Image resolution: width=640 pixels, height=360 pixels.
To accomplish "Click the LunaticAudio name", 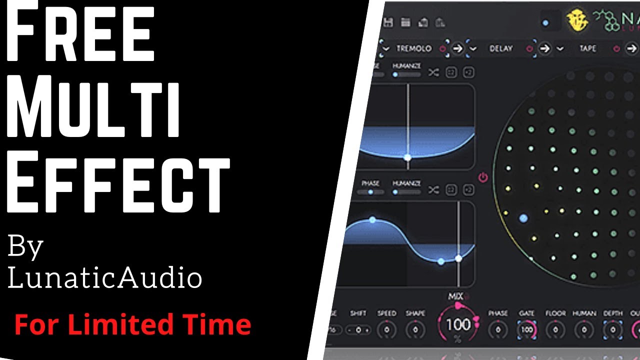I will coord(105,277).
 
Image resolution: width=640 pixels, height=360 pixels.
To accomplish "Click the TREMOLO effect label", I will coord(413,48).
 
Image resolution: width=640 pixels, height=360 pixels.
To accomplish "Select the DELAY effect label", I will coord(501,48).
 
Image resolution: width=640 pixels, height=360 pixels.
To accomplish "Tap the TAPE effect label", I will coord(588,48).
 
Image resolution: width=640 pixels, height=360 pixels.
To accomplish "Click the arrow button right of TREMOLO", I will coord(457,48).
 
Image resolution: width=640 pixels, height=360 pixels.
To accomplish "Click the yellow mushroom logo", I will coord(576,20).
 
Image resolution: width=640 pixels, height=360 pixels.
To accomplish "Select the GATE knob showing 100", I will coord(527,330).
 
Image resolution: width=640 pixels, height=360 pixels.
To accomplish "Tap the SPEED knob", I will coord(387,330).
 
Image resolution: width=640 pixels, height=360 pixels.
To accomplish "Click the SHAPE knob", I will coord(415,330).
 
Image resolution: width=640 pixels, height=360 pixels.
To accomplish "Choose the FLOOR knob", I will coord(555,330).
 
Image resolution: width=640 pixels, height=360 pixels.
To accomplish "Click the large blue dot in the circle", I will coord(523,218).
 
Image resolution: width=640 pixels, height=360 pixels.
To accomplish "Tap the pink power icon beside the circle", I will coord(483,177).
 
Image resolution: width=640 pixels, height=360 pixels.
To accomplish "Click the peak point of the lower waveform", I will coord(372,219).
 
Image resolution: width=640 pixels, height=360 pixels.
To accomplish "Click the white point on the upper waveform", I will coord(407,157).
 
